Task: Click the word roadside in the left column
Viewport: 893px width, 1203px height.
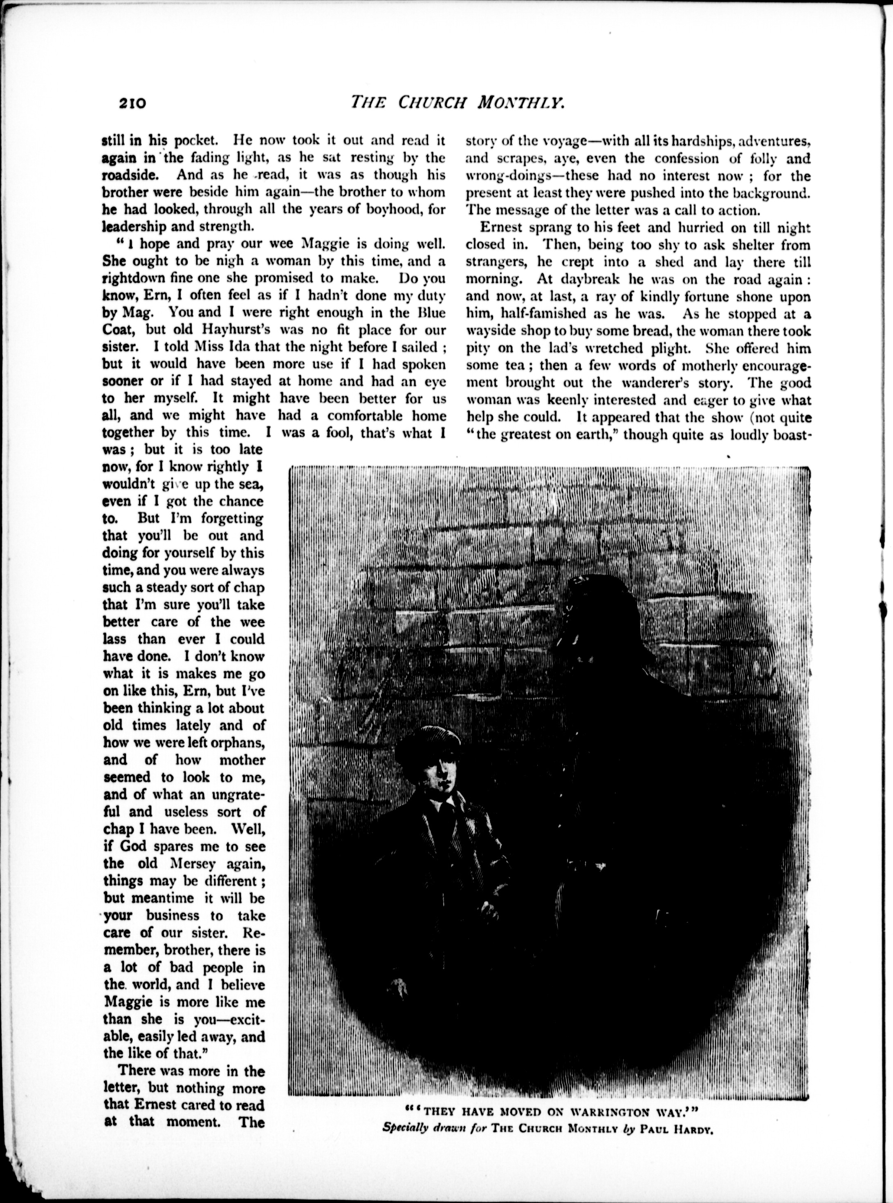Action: click(x=130, y=176)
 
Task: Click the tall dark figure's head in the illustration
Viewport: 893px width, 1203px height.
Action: click(x=586, y=599)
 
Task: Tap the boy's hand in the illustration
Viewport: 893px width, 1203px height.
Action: click(x=491, y=909)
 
